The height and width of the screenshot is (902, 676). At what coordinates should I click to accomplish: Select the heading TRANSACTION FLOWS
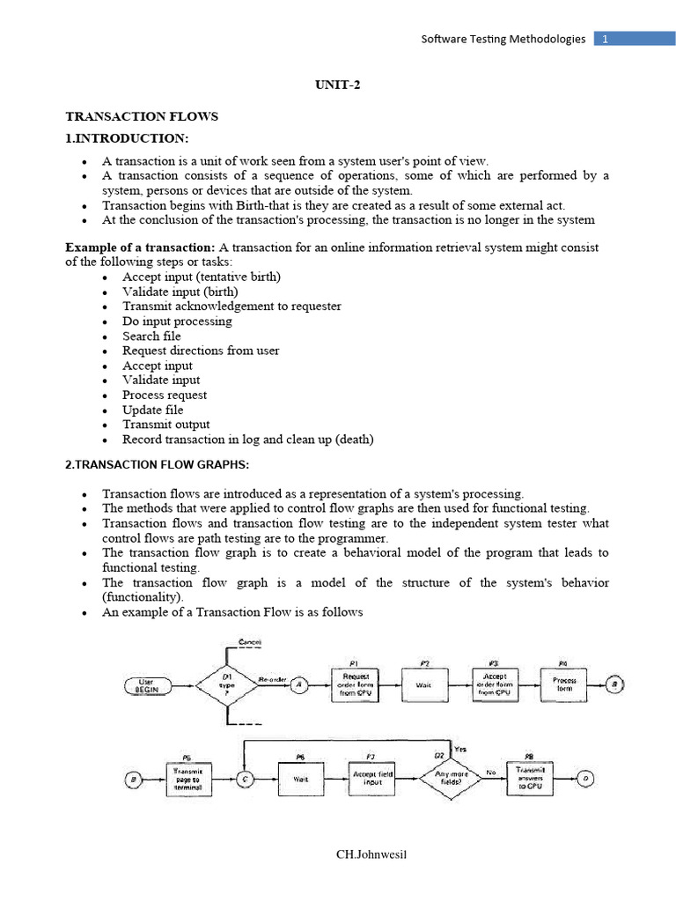[x=142, y=116]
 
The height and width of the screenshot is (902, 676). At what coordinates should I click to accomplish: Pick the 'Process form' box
[x=564, y=684]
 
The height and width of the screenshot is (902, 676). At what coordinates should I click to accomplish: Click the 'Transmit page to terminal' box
[x=189, y=779]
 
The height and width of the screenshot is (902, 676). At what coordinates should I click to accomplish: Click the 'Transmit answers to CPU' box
[x=530, y=778]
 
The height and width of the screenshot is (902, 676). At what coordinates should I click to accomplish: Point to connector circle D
[x=589, y=778]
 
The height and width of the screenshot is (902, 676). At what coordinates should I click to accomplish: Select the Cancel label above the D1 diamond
[x=250, y=642]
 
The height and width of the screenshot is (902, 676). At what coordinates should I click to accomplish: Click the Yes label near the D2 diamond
[x=459, y=748]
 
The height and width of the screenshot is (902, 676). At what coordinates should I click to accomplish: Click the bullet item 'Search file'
[x=151, y=336]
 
